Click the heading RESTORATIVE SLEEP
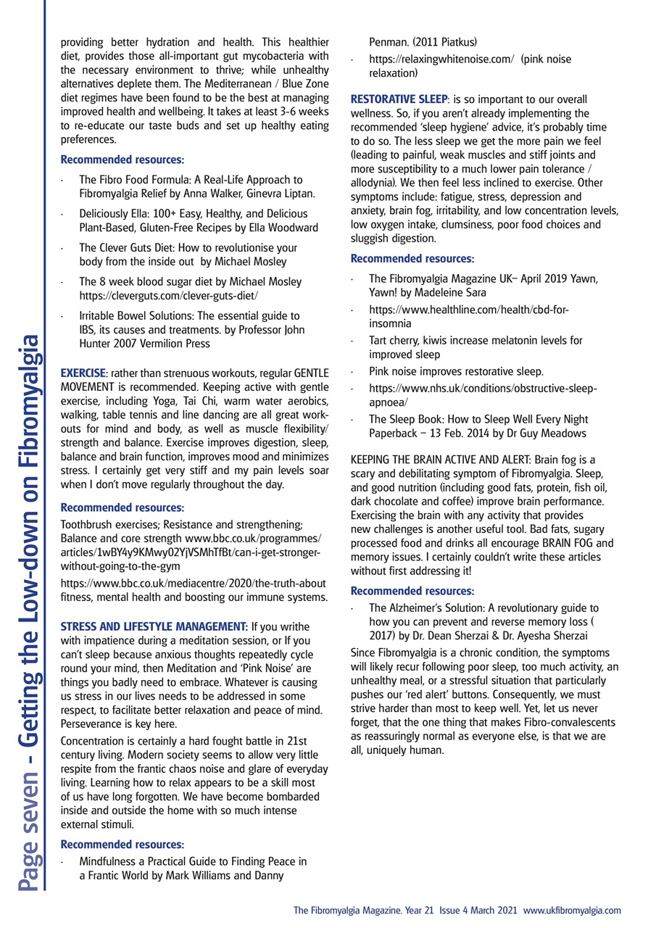[397, 99]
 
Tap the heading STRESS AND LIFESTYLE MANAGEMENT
[154, 626]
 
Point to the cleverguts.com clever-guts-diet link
[168, 296]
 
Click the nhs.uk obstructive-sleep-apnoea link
[483, 389]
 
